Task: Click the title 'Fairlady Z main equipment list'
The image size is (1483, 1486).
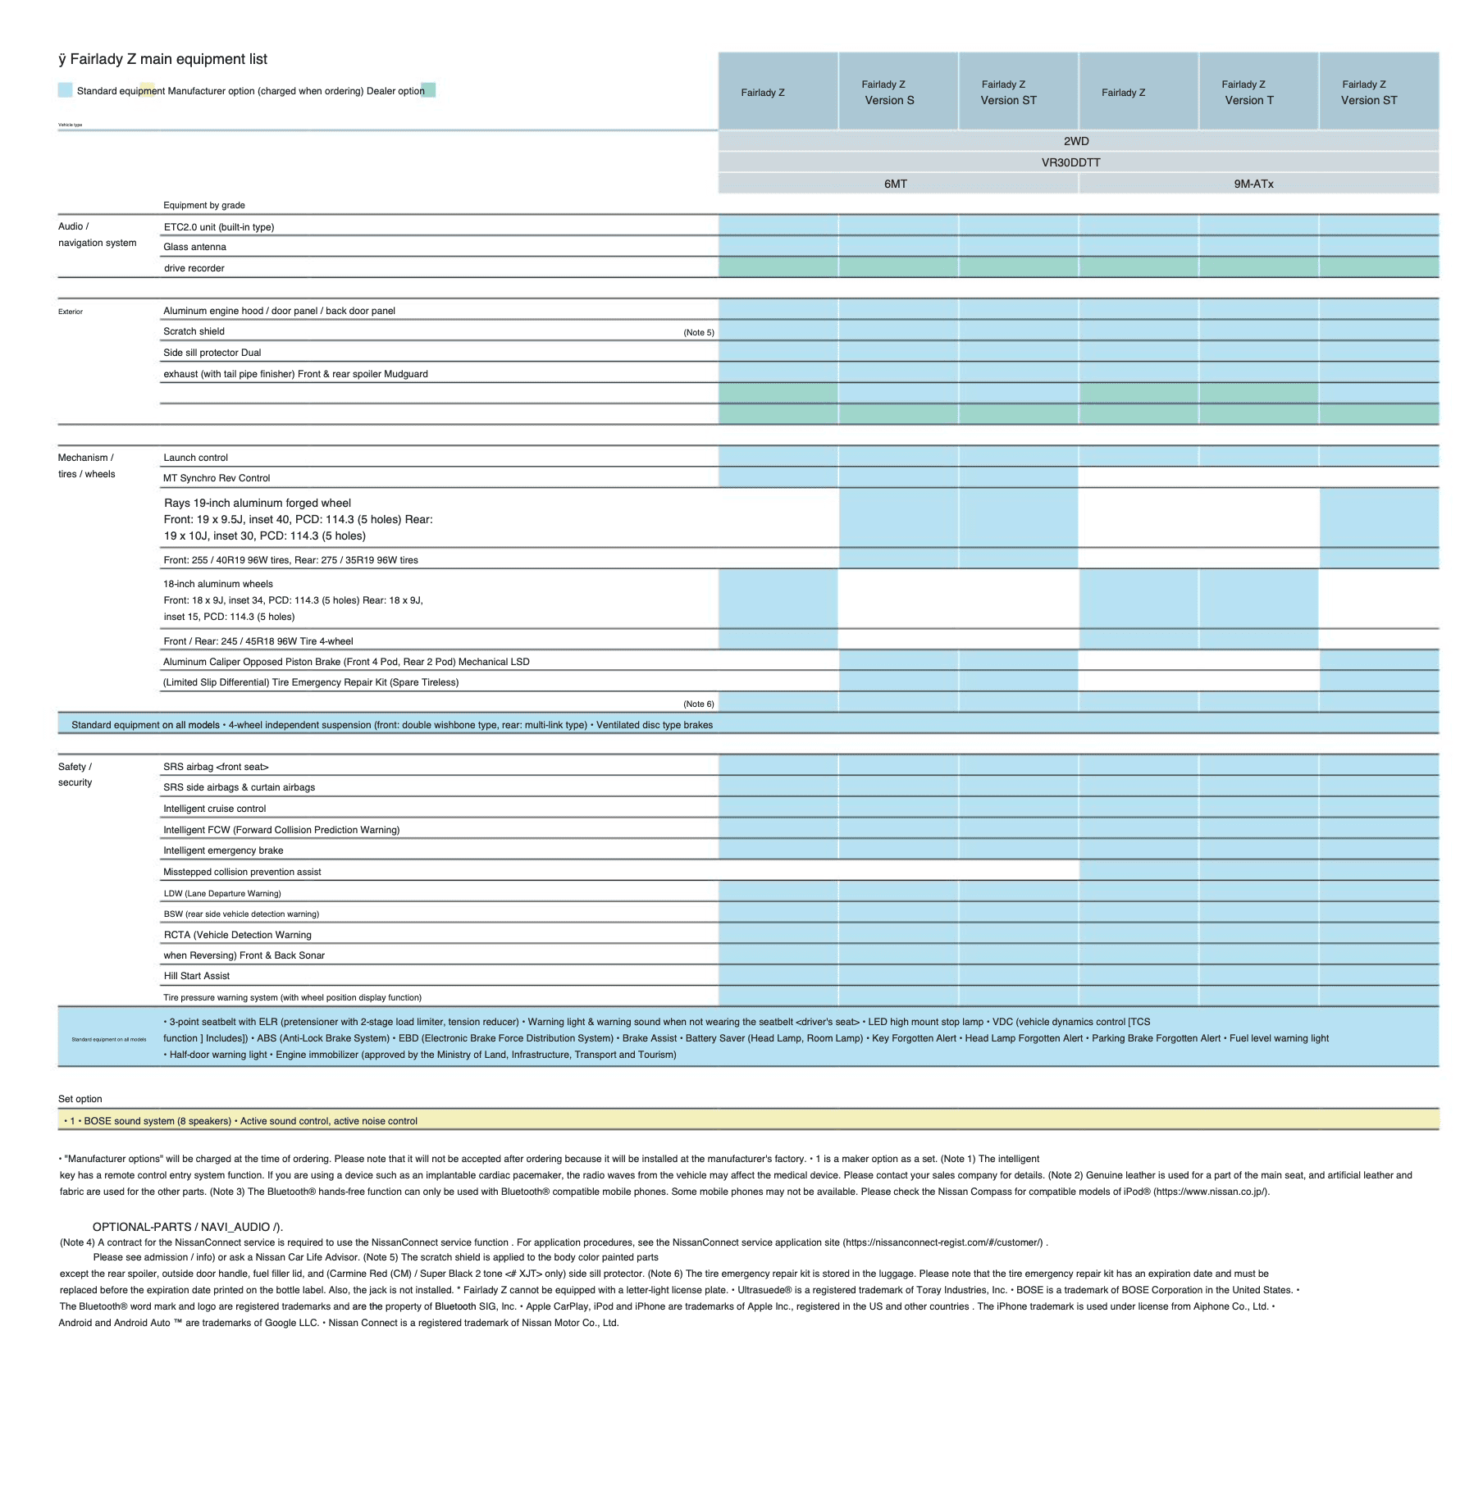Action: pos(168,59)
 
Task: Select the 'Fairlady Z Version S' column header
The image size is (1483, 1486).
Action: pos(888,92)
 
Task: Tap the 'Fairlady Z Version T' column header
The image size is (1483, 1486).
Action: pos(1248,92)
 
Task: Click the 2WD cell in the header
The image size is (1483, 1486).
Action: pos(1076,141)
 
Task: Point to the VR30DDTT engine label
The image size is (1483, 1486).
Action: pos(1070,162)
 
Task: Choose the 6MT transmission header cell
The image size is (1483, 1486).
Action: pos(895,184)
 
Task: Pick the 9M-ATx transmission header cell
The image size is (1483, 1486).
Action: pos(1253,184)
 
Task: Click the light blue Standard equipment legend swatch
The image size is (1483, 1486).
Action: pos(65,90)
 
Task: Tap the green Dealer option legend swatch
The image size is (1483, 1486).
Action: pos(428,90)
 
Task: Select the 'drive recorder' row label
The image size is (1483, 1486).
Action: pos(194,268)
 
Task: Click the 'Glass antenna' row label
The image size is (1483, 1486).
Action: pos(194,247)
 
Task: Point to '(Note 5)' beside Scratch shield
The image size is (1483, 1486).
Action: pos(698,332)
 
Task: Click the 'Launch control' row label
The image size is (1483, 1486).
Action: pos(195,458)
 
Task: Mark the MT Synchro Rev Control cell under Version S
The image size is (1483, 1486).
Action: pos(898,477)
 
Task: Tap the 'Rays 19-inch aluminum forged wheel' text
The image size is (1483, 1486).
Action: pos(257,503)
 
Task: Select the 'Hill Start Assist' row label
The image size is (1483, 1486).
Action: pos(196,976)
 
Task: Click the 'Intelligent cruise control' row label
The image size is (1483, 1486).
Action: pos(214,809)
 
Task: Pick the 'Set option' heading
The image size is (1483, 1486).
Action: pos(80,1099)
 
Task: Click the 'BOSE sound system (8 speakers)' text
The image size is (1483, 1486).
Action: pos(157,1121)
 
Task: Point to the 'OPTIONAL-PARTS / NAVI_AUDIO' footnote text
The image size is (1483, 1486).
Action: pos(187,1227)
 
